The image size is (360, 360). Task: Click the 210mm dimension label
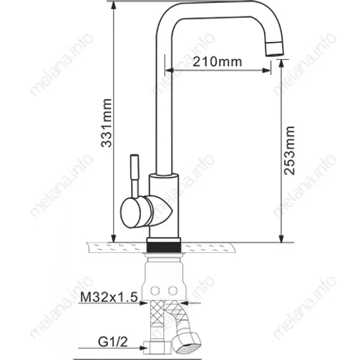(217, 61)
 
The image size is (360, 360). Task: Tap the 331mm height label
(106, 123)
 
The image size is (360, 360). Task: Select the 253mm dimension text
(289, 151)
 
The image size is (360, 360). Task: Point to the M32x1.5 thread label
(109, 297)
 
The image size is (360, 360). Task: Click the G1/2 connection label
(112, 342)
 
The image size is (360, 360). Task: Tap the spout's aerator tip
(275, 48)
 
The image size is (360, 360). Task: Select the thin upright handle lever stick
(134, 175)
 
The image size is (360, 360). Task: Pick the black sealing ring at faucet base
(164, 247)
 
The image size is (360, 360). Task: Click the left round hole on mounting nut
(155, 290)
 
